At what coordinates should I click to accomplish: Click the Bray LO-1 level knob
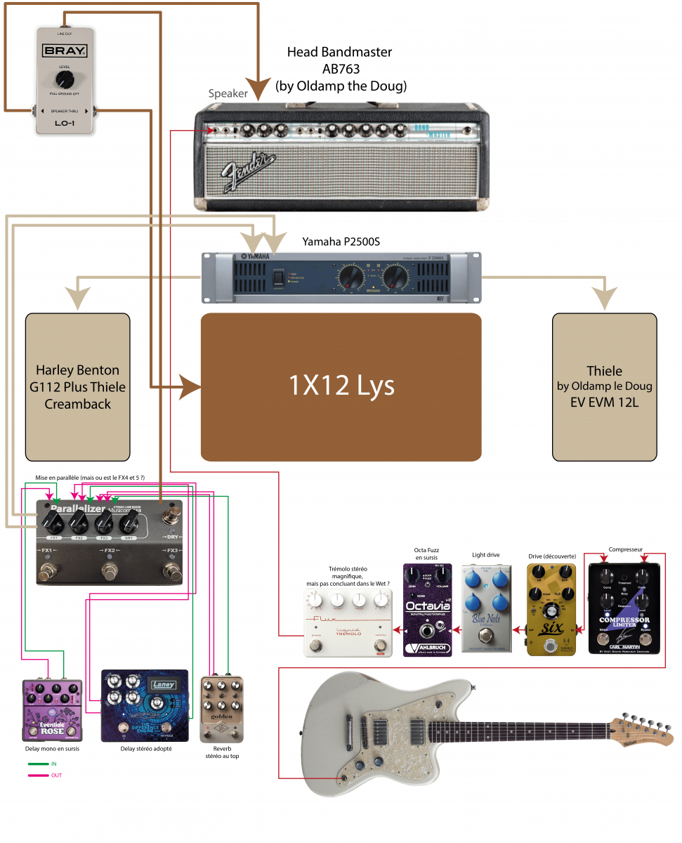tap(65, 78)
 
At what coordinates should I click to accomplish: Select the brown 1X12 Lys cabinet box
tap(341, 386)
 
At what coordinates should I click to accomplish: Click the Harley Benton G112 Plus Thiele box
tap(77, 386)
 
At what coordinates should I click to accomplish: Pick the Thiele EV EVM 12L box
tap(605, 386)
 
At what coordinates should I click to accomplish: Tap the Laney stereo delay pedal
tap(145, 705)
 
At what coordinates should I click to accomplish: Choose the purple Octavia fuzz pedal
tap(427, 609)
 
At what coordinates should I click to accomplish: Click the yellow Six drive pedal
tap(551, 609)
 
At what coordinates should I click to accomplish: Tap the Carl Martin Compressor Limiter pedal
tap(624, 608)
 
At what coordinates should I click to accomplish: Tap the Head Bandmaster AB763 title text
tap(340, 69)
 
